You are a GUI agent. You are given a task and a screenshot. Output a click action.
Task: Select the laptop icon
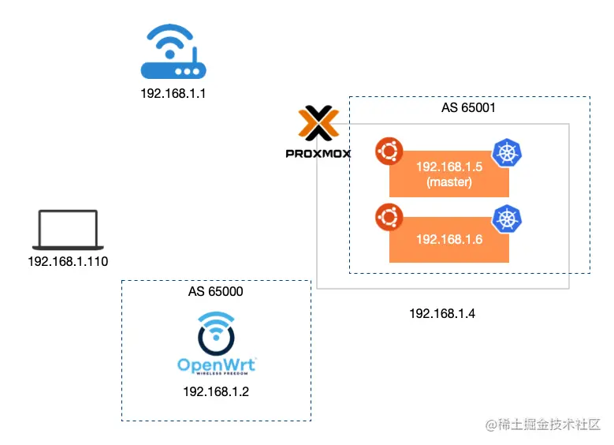click(x=67, y=230)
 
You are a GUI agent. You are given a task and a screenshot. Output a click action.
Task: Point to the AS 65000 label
click(x=215, y=291)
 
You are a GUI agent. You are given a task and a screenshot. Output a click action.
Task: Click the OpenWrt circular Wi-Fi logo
click(x=215, y=333)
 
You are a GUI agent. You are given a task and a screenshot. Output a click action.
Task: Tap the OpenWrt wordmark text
click(x=216, y=365)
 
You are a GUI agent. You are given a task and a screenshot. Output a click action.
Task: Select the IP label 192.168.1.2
click(x=215, y=391)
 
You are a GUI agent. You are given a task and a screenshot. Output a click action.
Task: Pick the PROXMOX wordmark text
click(x=318, y=153)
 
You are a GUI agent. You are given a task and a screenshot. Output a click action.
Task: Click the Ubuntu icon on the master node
click(x=389, y=151)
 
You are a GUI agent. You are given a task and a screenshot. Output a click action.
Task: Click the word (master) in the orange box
click(x=448, y=182)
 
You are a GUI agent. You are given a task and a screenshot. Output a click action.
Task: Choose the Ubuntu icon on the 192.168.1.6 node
click(x=389, y=216)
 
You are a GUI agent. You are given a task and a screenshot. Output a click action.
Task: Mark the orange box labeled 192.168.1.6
click(x=448, y=239)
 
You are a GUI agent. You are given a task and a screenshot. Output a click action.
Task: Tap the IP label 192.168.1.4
click(x=441, y=314)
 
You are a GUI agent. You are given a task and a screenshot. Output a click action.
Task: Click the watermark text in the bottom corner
click(x=543, y=425)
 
